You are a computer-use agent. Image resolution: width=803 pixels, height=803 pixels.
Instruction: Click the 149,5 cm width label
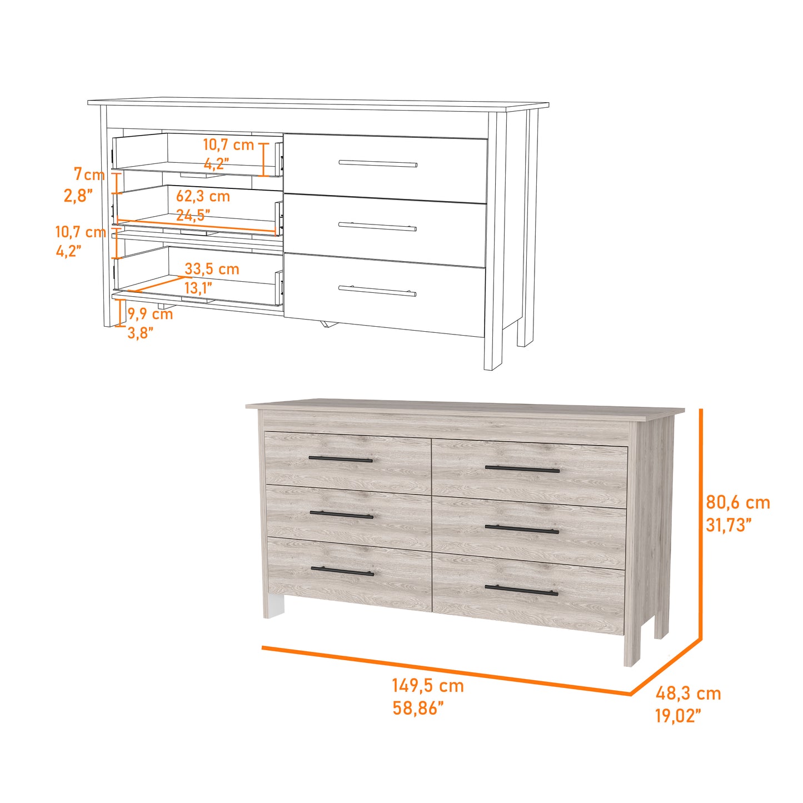428,686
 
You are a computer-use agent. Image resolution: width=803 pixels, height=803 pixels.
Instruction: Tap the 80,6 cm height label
738,502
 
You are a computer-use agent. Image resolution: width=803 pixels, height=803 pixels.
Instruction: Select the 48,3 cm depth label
688,694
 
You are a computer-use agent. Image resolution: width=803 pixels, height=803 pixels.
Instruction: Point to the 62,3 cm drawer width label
203,196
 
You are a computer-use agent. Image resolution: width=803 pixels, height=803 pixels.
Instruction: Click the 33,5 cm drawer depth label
212,269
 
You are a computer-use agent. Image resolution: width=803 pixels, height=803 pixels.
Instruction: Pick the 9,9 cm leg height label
151,314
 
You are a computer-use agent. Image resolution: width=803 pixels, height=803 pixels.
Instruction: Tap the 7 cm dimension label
89,174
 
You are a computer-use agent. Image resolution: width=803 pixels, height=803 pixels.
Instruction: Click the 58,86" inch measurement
418,708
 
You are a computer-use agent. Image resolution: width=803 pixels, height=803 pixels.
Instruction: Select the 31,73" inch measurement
729,525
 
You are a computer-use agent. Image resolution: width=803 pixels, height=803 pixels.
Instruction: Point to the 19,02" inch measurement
678,716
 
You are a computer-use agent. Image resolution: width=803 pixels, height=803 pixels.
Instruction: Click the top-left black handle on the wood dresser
340,460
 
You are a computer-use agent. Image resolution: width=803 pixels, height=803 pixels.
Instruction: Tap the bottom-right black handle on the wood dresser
521,590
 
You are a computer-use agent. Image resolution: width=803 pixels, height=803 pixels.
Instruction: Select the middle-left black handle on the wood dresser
341,515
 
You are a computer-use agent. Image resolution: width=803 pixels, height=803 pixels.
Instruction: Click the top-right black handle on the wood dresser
522,470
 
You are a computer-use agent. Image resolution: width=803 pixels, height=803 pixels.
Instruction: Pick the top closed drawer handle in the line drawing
378,163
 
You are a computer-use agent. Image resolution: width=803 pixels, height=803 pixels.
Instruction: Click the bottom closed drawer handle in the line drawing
377,291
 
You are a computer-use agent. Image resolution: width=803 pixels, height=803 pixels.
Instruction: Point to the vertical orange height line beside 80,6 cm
701,522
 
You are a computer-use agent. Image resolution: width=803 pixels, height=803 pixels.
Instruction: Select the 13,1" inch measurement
198,288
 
